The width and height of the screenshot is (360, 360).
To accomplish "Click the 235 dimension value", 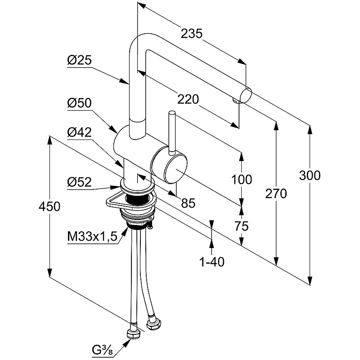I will pyautogui.click(x=192, y=33).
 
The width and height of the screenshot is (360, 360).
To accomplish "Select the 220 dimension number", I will pyautogui.click(x=188, y=99).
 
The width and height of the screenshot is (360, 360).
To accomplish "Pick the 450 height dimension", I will pyautogui.click(x=49, y=207).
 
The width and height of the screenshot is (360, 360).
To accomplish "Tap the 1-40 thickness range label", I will pyautogui.click(x=211, y=261).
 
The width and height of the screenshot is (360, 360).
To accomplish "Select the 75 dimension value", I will pyautogui.click(x=242, y=226).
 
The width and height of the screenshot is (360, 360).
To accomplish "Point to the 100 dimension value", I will pyautogui.click(x=242, y=180).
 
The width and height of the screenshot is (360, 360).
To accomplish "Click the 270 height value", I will pyautogui.click(x=276, y=193).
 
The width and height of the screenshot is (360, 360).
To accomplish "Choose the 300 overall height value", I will pyautogui.click(x=310, y=175).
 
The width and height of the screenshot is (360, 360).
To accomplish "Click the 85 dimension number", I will pyautogui.click(x=188, y=203).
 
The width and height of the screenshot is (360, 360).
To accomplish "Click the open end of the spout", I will pyautogui.click(x=247, y=96).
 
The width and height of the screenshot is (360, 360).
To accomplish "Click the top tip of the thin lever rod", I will pyautogui.click(x=172, y=113).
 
